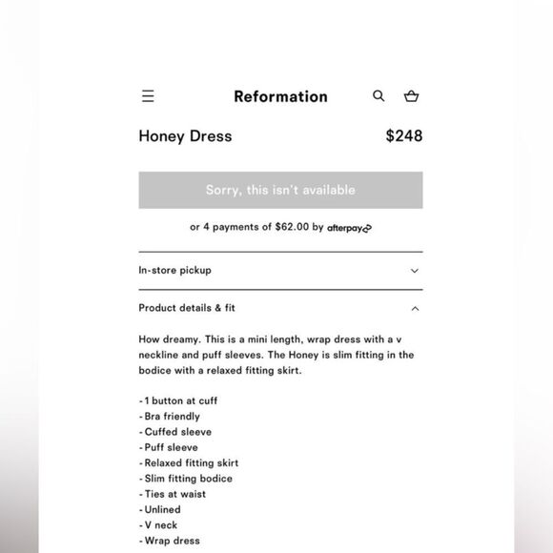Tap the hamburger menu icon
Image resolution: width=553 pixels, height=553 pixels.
[148, 96]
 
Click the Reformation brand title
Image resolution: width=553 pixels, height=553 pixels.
[280, 96]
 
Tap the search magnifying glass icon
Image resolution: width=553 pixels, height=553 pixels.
[379, 96]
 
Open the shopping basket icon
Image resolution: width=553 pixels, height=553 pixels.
[411, 96]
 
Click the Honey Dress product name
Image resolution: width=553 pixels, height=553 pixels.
[185, 135]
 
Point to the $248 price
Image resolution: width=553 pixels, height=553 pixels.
[403, 135]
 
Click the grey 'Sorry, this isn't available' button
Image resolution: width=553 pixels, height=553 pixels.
[280, 190]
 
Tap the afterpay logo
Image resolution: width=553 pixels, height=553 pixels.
[349, 228]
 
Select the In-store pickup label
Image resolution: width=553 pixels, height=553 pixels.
[174, 270]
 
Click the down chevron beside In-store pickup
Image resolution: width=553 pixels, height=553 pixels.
[415, 271]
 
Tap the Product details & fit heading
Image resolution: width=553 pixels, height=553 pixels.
[187, 308]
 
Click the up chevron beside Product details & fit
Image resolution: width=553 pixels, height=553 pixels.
[415, 308]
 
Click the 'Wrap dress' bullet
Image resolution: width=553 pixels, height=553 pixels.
[171, 541]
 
